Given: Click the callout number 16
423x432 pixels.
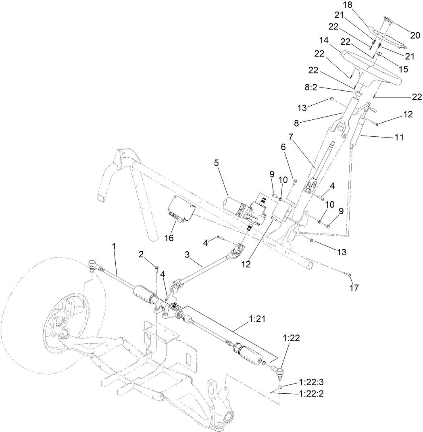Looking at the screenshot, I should (x=169, y=238).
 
